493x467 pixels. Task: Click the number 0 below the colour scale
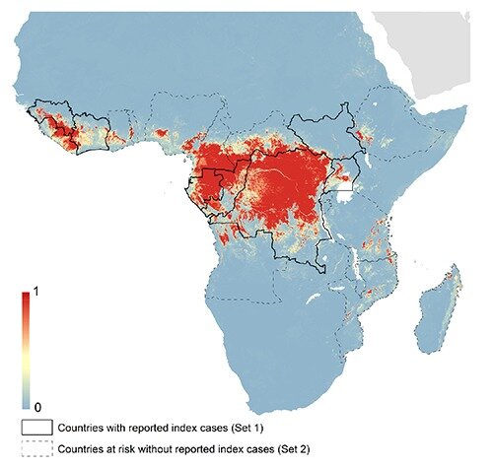click(40, 405)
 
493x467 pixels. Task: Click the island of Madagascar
click(436, 310)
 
